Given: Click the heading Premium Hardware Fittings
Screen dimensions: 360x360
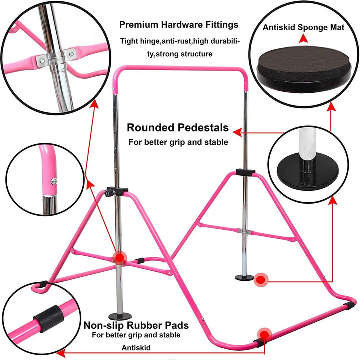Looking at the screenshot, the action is coord(179,25).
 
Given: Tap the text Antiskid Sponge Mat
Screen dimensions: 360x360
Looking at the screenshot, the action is coord(303,27).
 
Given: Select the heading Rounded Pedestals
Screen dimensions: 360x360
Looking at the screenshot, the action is coord(178,128).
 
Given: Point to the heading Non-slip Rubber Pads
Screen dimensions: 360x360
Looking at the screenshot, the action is coord(136,325).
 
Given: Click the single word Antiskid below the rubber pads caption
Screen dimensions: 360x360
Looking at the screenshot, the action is coord(136,348).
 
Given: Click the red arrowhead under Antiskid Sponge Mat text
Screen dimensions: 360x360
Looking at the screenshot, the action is coord(304,38).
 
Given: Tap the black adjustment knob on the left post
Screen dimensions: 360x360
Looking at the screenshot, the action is coord(108,192).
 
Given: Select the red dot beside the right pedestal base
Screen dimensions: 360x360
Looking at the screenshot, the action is coord(261,280).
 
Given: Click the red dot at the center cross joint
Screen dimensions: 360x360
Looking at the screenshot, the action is coord(119,258).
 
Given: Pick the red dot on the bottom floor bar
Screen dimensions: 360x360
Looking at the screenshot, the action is coord(264,335).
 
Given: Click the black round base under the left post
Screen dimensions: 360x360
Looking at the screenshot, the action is coord(120,316).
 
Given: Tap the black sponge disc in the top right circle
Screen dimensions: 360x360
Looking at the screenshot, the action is coord(304,69).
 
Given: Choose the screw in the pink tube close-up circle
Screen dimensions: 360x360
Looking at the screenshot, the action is coord(54,182).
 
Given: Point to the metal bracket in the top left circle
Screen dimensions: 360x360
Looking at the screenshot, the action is coord(56,58).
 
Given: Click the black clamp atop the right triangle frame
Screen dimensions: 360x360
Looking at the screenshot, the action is coord(245,172).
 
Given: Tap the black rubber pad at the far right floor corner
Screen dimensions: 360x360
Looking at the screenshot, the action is coord(349,306).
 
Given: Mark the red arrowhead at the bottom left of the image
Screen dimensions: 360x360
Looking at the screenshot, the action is coord(61,353).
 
